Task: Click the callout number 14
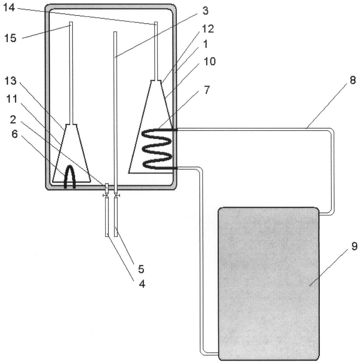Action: click(x=9, y=8)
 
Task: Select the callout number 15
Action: click(x=10, y=38)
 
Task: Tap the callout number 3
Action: click(x=205, y=11)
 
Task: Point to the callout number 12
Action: click(x=208, y=29)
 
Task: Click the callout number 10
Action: click(x=210, y=61)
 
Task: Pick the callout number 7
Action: click(x=207, y=89)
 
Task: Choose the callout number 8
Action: click(x=353, y=80)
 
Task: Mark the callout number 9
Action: click(x=354, y=246)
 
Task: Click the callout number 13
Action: click(x=10, y=81)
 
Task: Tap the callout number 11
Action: click(x=12, y=99)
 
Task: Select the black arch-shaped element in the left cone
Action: click(x=70, y=176)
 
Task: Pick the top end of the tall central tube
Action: click(x=115, y=32)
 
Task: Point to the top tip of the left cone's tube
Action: click(x=71, y=22)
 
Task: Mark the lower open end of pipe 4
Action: click(x=107, y=236)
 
